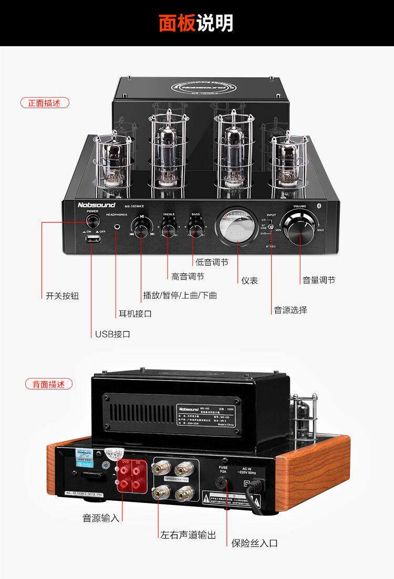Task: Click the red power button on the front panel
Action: [93, 220]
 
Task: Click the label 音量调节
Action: [318, 280]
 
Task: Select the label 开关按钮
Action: [62, 296]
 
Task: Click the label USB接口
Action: [112, 334]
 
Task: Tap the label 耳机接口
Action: [135, 314]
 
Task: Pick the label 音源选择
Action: [291, 310]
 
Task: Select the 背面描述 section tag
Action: [49, 384]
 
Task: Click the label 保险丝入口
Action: [255, 543]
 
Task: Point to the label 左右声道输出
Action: [188, 535]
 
